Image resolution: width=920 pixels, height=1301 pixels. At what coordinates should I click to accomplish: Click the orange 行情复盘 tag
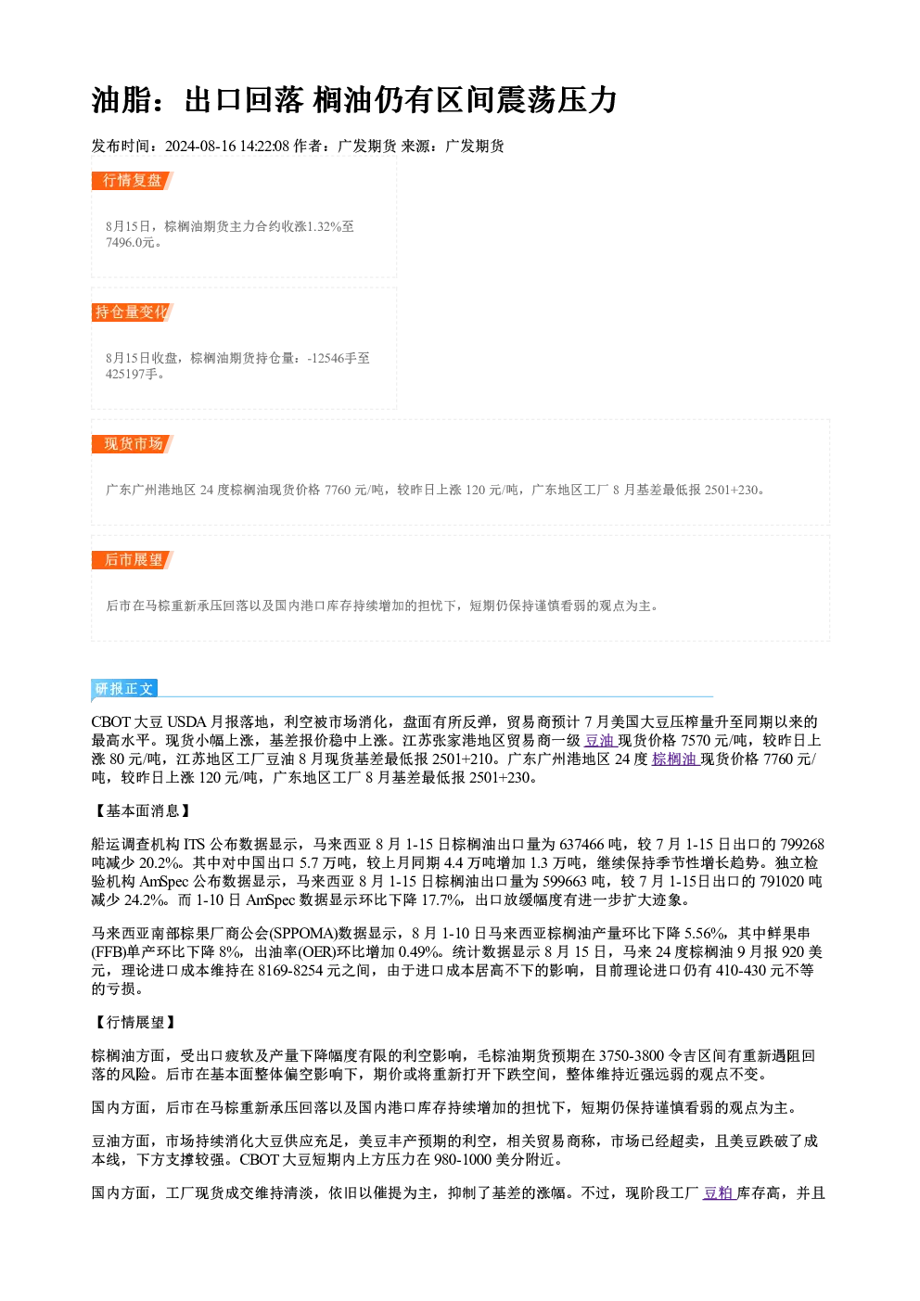click(x=133, y=181)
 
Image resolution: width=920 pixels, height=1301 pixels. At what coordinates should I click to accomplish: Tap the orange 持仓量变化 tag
click(x=133, y=312)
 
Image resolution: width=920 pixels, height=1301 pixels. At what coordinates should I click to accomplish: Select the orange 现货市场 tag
click(x=133, y=444)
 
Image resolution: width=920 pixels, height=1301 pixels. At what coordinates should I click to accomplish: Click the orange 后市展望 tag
click(x=133, y=560)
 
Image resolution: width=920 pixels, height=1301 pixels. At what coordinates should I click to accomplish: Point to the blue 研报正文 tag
click(x=124, y=688)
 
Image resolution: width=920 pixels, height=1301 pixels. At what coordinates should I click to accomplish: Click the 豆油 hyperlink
click(x=599, y=741)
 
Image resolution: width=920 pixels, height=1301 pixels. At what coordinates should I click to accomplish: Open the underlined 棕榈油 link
click(x=675, y=759)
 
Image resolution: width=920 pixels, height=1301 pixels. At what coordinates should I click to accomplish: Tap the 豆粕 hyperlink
click(x=719, y=1193)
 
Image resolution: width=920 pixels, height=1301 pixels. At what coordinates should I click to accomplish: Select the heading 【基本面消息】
click(x=142, y=810)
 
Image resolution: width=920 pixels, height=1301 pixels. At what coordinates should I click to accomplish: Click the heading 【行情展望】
click(x=134, y=1022)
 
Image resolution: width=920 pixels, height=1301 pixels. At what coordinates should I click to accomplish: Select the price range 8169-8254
click(x=290, y=970)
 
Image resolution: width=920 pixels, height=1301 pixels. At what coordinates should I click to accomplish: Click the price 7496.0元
click(x=131, y=242)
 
